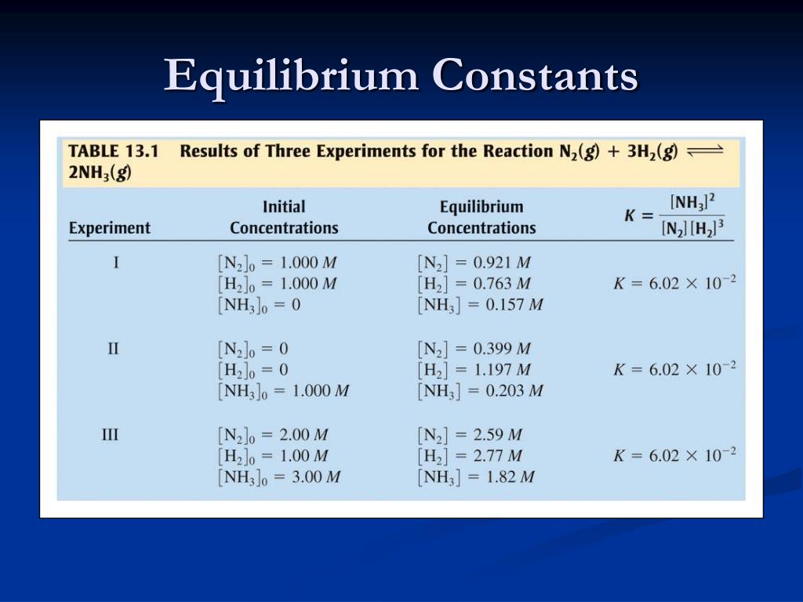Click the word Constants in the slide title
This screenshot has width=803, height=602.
tap(536, 76)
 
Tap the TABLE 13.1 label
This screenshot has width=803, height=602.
tap(113, 151)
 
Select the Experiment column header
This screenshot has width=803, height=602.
tap(110, 228)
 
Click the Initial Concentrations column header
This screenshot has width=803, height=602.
tap(284, 217)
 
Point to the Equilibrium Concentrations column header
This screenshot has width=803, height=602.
tap(481, 217)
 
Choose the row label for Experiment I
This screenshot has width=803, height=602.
tap(115, 263)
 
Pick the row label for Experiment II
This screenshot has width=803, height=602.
tap(113, 348)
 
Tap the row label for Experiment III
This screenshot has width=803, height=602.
tap(111, 433)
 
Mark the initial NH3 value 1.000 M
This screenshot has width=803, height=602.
tap(320, 390)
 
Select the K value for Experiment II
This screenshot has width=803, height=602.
tap(674, 369)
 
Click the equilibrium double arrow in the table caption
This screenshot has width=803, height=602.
tap(703, 151)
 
